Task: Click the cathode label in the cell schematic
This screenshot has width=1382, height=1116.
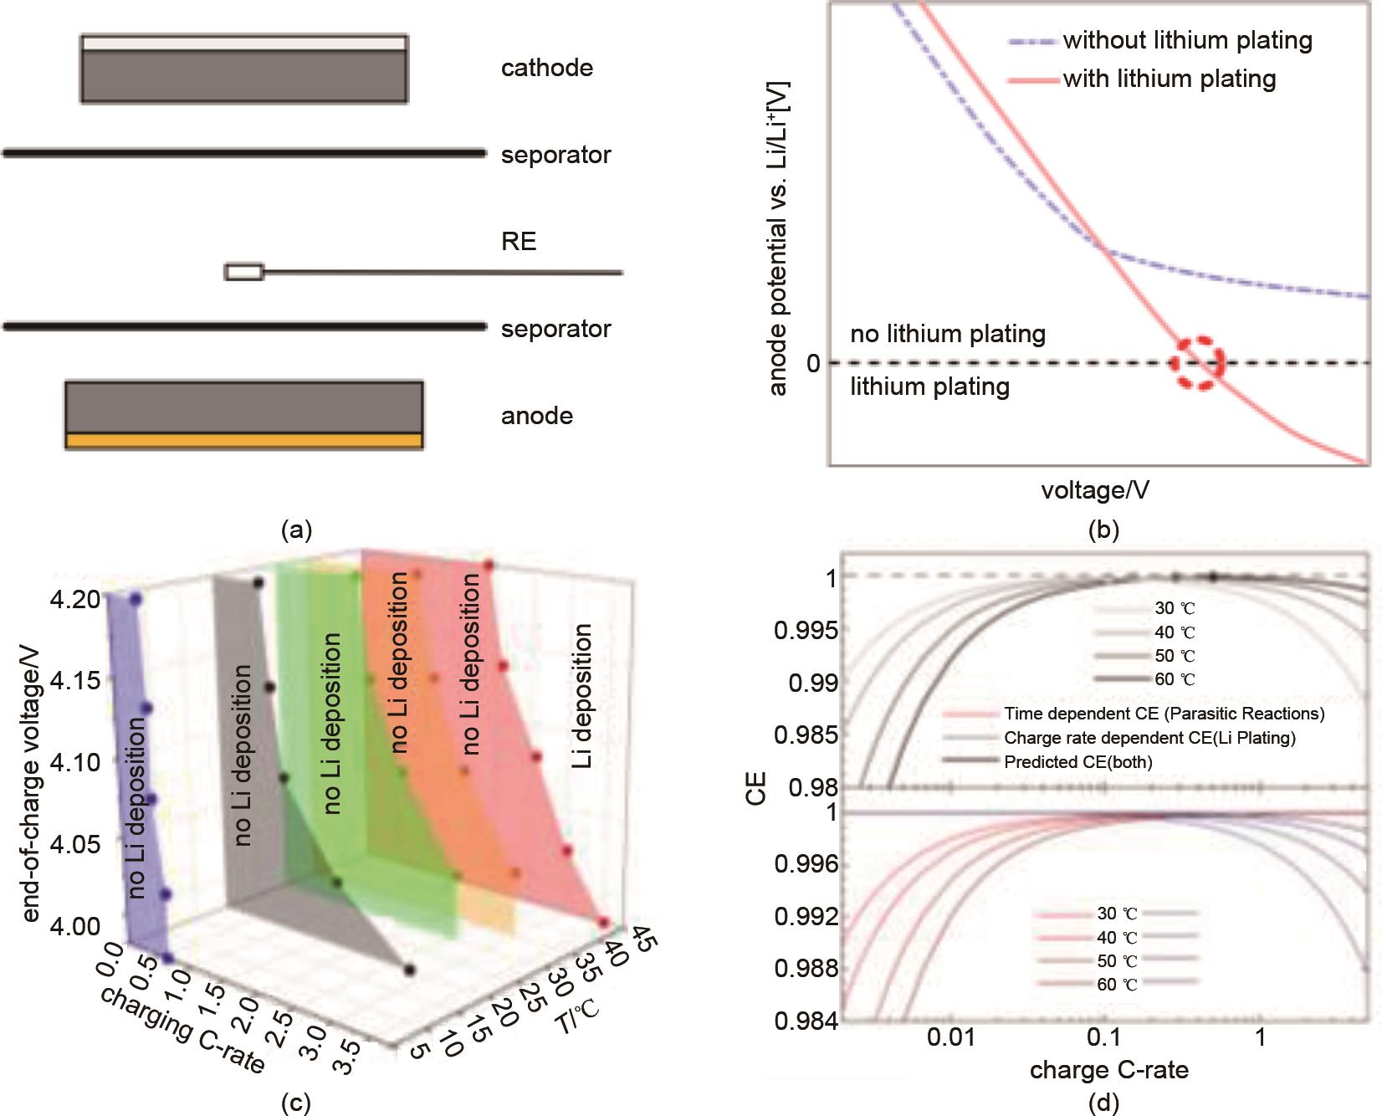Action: click(546, 68)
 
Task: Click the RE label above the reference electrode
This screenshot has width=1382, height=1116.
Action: click(518, 242)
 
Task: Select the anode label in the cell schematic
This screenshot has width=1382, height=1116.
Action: click(536, 416)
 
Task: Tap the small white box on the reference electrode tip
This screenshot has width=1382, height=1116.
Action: click(244, 272)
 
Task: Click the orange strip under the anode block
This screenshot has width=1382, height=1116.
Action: click(244, 441)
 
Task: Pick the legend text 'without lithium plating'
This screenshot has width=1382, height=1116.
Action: click(1187, 40)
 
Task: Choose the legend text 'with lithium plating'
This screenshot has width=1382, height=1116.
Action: click(1169, 79)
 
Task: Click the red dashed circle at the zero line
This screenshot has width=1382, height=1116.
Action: click(1197, 363)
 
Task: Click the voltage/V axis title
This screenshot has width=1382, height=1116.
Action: click(1094, 490)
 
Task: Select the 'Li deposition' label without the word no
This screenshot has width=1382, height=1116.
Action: click(583, 695)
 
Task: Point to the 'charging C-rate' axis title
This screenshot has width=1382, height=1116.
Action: click(182, 1031)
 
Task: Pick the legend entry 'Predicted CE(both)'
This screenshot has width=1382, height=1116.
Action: click(1077, 762)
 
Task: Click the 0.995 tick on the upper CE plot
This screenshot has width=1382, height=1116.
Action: click(806, 630)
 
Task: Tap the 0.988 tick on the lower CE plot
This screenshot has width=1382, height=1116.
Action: click(806, 969)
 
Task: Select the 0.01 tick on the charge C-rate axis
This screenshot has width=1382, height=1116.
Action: click(952, 1038)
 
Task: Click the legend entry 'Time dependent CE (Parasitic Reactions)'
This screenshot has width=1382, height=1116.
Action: click(1164, 714)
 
